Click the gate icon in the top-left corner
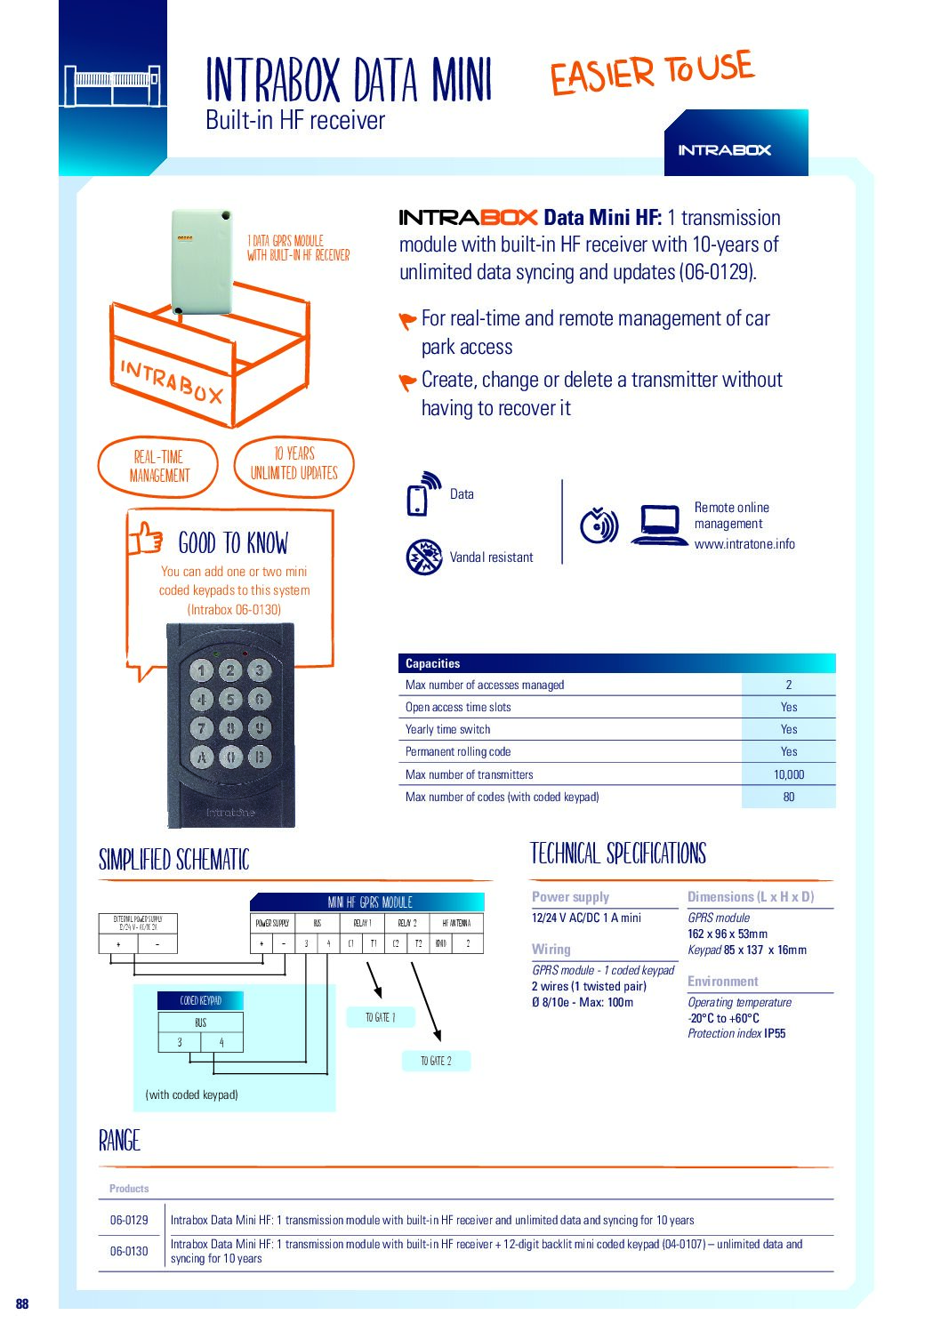click(112, 86)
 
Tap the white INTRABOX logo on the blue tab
click(724, 150)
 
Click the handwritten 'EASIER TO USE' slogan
click(651, 72)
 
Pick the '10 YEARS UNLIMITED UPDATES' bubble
click(294, 463)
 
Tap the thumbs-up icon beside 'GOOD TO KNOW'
click(147, 539)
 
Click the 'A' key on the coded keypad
click(202, 758)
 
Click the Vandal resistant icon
click(424, 557)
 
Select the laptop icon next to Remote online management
click(659, 525)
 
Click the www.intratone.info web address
click(744, 544)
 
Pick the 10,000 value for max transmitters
click(788, 774)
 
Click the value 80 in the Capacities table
click(788, 797)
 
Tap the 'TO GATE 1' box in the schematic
click(380, 1017)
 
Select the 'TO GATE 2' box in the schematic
click(436, 1061)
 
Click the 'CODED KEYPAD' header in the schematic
click(200, 1001)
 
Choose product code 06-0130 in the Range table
click(129, 1251)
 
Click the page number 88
click(22, 1303)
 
